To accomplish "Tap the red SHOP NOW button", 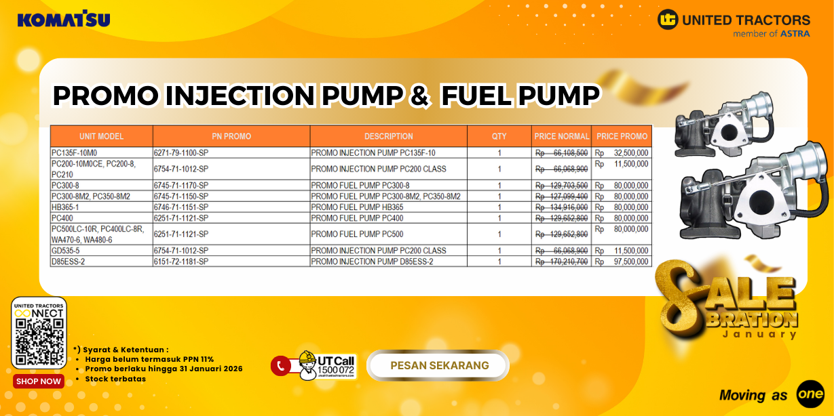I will tap(39, 381).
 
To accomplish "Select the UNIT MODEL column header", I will tap(101, 136).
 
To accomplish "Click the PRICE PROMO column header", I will tap(622, 136).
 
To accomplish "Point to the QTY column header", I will tap(499, 136).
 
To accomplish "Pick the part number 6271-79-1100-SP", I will tap(181, 153).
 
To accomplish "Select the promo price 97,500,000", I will tap(631, 262).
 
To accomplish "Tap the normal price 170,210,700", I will tap(562, 262).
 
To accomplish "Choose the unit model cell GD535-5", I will tap(66, 251).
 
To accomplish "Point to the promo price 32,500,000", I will tap(631, 153).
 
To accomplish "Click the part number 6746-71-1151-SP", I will tap(181, 207).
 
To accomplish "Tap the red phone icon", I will tap(280, 366).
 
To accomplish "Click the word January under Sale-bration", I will tap(759, 334).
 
